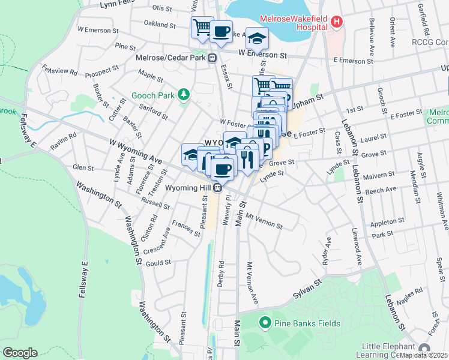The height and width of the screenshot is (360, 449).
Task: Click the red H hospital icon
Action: [337, 22]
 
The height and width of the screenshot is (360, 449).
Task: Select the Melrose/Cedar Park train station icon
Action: [212, 58]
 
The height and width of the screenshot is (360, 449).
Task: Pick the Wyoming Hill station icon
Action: [218, 187]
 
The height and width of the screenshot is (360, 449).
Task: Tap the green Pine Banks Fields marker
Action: [264, 323]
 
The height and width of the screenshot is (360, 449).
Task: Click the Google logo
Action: [19, 353]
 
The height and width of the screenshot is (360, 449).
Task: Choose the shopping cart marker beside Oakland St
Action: [202, 27]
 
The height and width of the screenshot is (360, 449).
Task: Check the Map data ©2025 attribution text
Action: [423, 355]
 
